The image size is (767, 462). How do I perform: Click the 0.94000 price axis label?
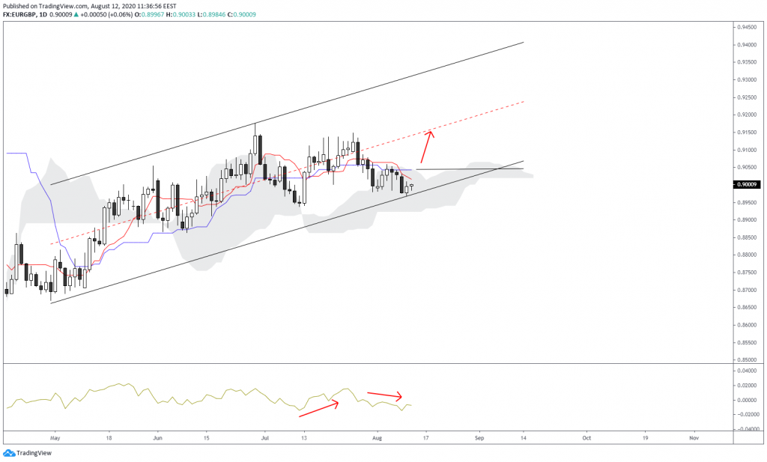[746, 44]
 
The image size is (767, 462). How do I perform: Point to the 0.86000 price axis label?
[746, 325]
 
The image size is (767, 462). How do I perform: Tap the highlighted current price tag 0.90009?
[746, 184]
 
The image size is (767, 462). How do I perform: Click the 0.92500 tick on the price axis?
[746, 97]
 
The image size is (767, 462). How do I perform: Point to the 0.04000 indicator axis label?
[746, 371]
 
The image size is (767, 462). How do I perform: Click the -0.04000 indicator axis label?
[745, 429]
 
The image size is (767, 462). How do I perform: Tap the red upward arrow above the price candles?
[425, 147]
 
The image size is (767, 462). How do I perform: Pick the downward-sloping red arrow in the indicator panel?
[384, 395]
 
